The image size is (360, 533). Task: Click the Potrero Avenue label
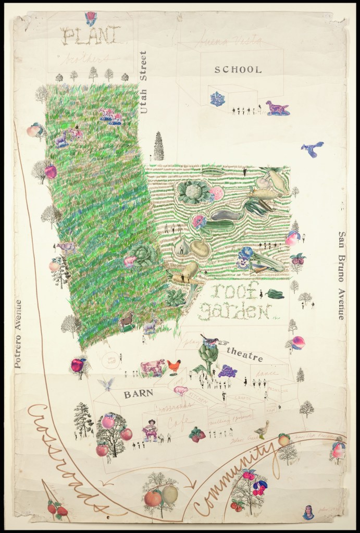(x=18, y=333)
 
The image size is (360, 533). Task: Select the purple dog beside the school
(x=277, y=108)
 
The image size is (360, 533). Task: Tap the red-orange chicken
(x=175, y=366)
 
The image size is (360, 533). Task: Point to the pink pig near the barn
(x=180, y=390)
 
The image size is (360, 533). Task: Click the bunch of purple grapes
(x=227, y=370)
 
